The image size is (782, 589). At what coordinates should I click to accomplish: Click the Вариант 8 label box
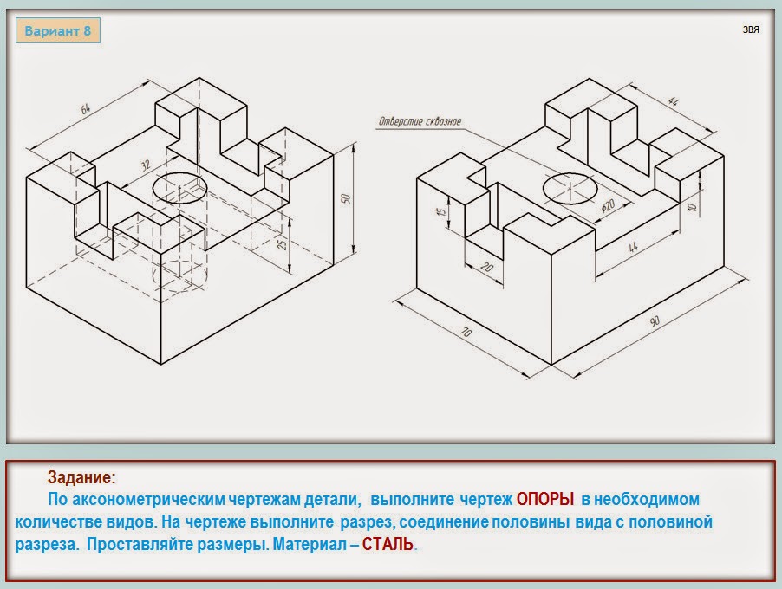pos(58,31)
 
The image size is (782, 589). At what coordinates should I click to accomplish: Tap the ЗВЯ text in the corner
pos(751,30)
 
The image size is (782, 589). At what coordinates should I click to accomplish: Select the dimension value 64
pos(86,108)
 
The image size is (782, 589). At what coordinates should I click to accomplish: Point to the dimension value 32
pos(145,165)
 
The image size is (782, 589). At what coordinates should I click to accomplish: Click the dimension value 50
pos(346,199)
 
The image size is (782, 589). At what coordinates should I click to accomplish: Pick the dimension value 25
pos(283,243)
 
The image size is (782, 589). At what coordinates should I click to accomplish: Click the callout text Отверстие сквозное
pos(420,121)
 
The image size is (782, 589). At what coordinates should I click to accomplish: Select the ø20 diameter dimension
pos(608,204)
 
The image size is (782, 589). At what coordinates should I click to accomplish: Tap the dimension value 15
pos(441,212)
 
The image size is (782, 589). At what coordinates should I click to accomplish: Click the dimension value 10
pos(691,206)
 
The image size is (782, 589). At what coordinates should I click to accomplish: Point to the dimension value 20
pos(486,268)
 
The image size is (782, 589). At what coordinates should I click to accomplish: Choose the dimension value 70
pos(466,332)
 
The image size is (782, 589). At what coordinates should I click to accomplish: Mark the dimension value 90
pos(655,320)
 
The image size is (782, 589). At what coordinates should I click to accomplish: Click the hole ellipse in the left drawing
pos(179,173)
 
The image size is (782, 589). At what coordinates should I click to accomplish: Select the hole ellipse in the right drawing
pos(570,174)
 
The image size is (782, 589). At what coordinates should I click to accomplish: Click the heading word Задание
pos(81,477)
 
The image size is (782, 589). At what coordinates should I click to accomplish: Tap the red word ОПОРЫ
pos(545,499)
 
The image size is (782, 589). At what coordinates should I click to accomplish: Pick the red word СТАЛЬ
pos(388,544)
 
